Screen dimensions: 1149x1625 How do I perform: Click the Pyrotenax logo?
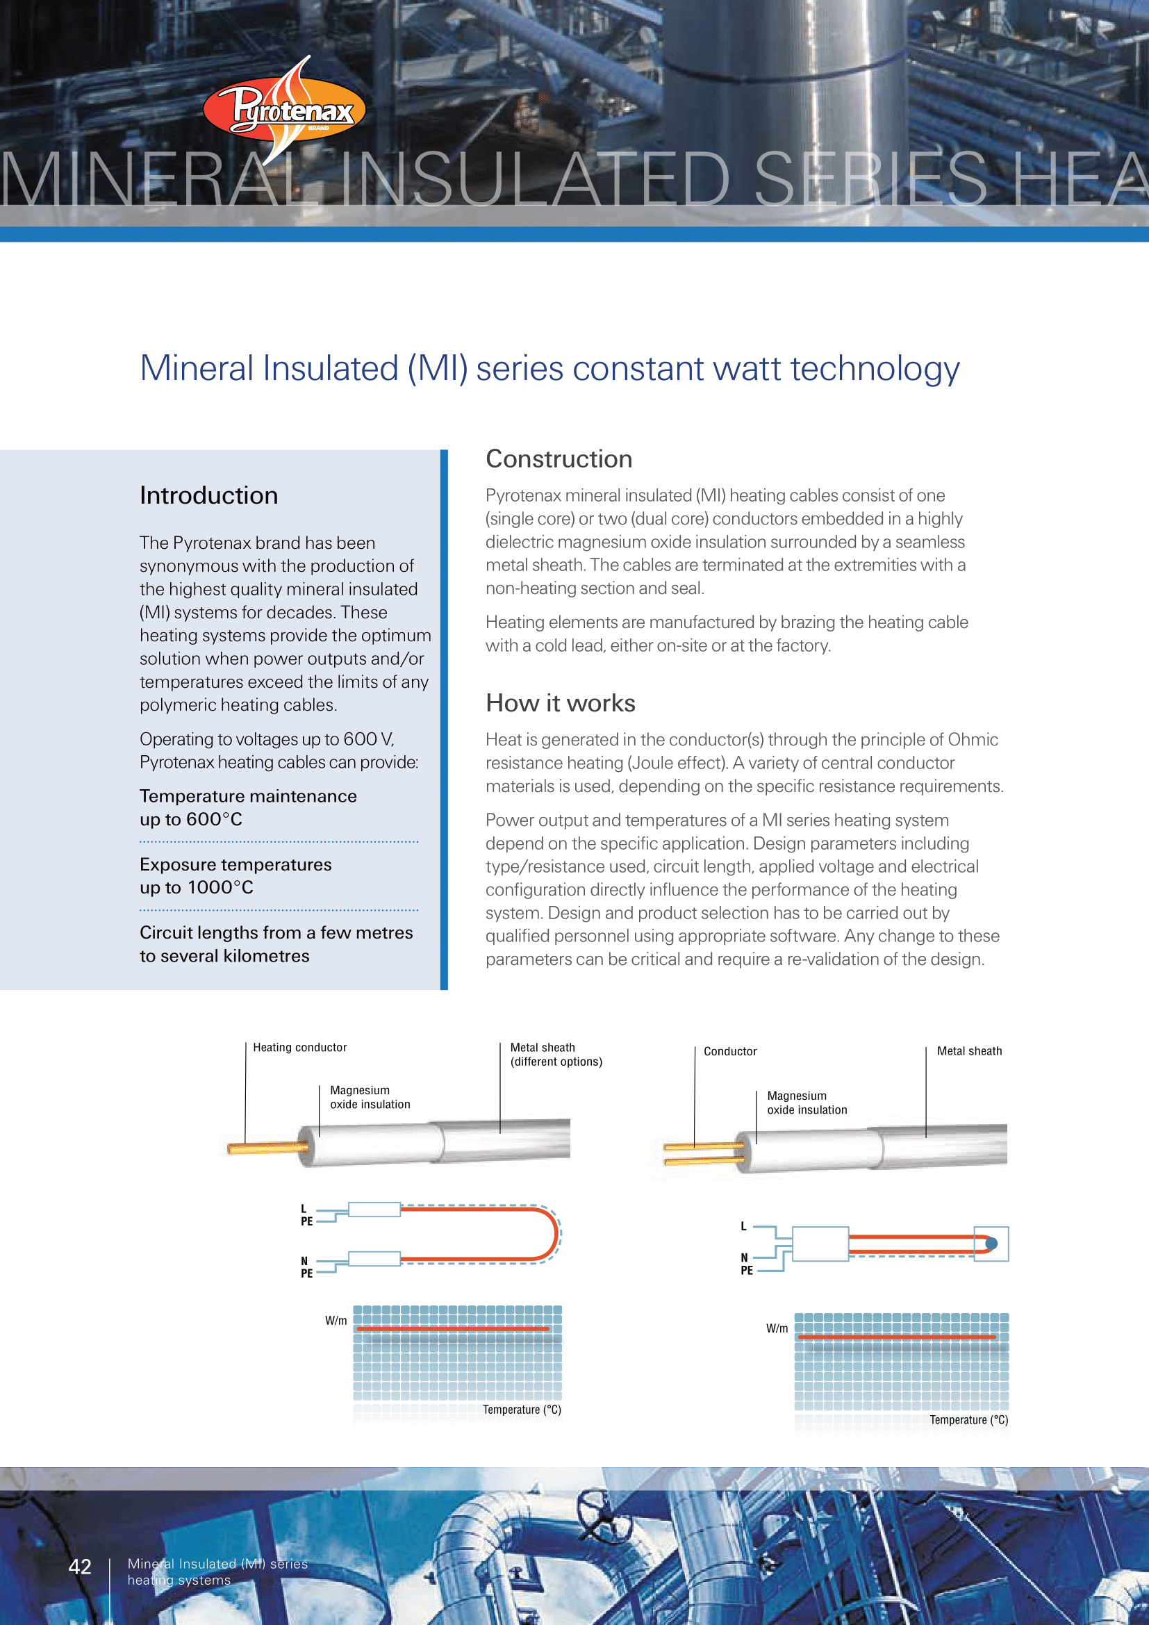click(x=284, y=110)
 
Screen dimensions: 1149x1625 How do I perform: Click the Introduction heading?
click(x=208, y=495)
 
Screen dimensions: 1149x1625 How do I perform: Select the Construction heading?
click(x=559, y=459)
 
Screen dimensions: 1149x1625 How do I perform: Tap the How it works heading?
click(x=561, y=703)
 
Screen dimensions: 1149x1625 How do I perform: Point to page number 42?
click(x=80, y=1565)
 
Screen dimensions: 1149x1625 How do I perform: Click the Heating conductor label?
click(x=300, y=1048)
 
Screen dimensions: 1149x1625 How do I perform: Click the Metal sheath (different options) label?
click(x=556, y=1055)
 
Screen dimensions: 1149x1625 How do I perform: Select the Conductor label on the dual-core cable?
click(x=730, y=1052)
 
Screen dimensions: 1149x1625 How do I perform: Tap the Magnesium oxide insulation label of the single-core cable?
click(x=370, y=1097)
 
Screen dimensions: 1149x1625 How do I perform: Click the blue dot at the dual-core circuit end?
click(x=991, y=1244)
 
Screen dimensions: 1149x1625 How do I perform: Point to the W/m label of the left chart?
click(x=336, y=1321)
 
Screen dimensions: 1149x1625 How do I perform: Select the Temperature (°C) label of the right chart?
click(x=968, y=1420)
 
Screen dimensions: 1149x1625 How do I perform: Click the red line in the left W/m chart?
click(x=453, y=1329)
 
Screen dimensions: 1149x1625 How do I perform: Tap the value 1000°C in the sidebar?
click(x=220, y=887)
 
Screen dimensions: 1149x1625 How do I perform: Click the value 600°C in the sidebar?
click(x=215, y=820)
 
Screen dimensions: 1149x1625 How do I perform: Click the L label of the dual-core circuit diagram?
click(x=743, y=1226)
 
